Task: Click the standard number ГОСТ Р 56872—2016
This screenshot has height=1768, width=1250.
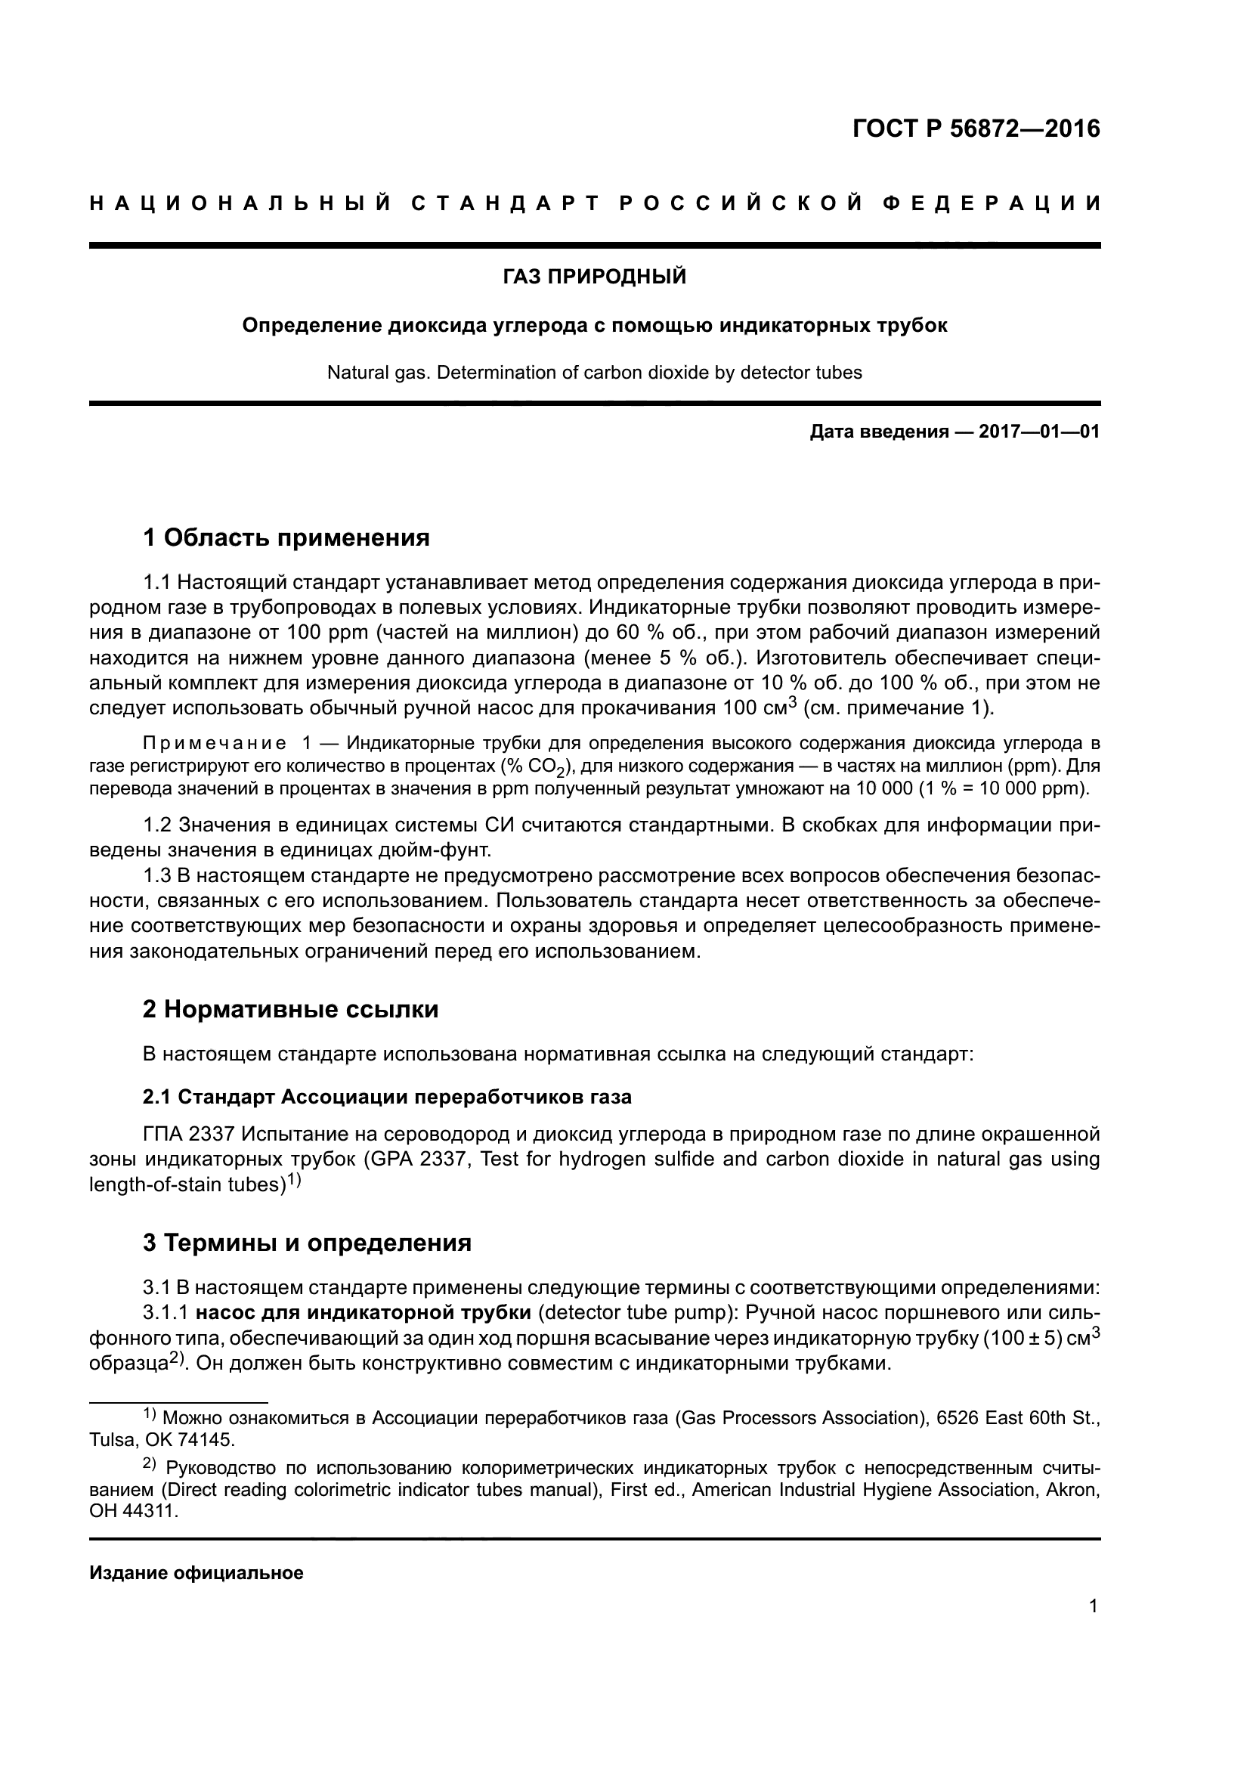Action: tap(976, 128)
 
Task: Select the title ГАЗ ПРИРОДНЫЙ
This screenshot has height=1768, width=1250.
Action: tap(594, 277)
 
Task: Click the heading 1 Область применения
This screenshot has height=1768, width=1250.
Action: tap(286, 537)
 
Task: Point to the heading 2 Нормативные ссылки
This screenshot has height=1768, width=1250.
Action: tap(290, 1010)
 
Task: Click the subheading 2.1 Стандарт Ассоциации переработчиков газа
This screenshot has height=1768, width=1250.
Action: tap(386, 1098)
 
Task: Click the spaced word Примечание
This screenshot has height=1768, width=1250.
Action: tap(214, 743)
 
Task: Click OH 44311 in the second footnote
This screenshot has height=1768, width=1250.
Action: tap(133, 1511)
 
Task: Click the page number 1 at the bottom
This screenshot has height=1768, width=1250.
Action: tap(1093, 1606)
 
